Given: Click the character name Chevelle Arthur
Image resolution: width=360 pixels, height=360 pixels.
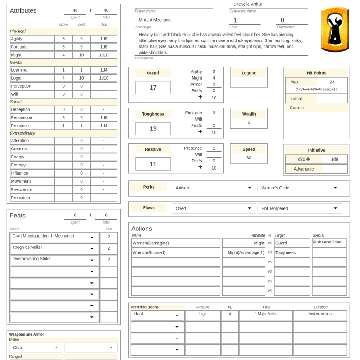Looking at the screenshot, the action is pyautogui.click(x=247, y=4).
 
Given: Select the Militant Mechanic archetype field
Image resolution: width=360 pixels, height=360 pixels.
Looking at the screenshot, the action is pyautogui.click(x=173, y=20).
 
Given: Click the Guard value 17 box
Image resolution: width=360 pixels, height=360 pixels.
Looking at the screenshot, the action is pyautogui.click(x=153, y=88).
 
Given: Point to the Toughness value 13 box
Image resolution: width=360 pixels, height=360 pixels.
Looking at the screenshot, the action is pyautogui.click(x=153, y=129).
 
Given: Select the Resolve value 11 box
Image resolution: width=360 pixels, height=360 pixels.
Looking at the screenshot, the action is pyautogui.click(x=153, y=164).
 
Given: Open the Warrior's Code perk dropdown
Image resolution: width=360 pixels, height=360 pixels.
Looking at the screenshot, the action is pyautogui.click(x=299, y=188).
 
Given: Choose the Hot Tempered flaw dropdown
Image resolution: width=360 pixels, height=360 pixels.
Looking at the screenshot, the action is pyautogui.click(x=299, y=208).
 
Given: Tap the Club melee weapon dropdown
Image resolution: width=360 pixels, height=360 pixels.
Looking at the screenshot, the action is pyautogui.click(x=36, y=347).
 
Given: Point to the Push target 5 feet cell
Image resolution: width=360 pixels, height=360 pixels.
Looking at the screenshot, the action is pyautogui.click(x=329, y=243).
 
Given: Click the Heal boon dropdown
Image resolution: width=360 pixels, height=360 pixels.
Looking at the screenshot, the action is pyautogui.click(x=157, y=315).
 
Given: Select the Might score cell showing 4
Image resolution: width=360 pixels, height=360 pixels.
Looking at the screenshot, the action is pyautogui.click(x=63, y=55).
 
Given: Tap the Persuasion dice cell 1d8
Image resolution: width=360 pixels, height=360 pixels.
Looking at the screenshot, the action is pyautogui.click(x=104, y=117).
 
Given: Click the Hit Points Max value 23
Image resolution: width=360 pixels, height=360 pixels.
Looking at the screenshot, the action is pyautogui.click(x=332, y=82).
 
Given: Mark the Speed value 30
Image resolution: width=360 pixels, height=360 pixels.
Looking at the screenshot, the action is pyautogui.click(x=249, y=158).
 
